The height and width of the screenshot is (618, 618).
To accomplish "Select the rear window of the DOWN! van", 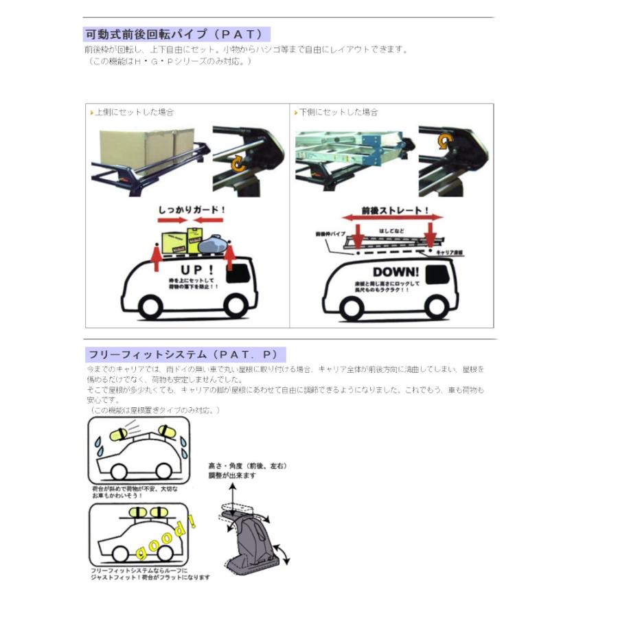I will (x=439, y=273).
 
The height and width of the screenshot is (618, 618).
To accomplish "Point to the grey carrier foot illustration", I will (x=254, y=542).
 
